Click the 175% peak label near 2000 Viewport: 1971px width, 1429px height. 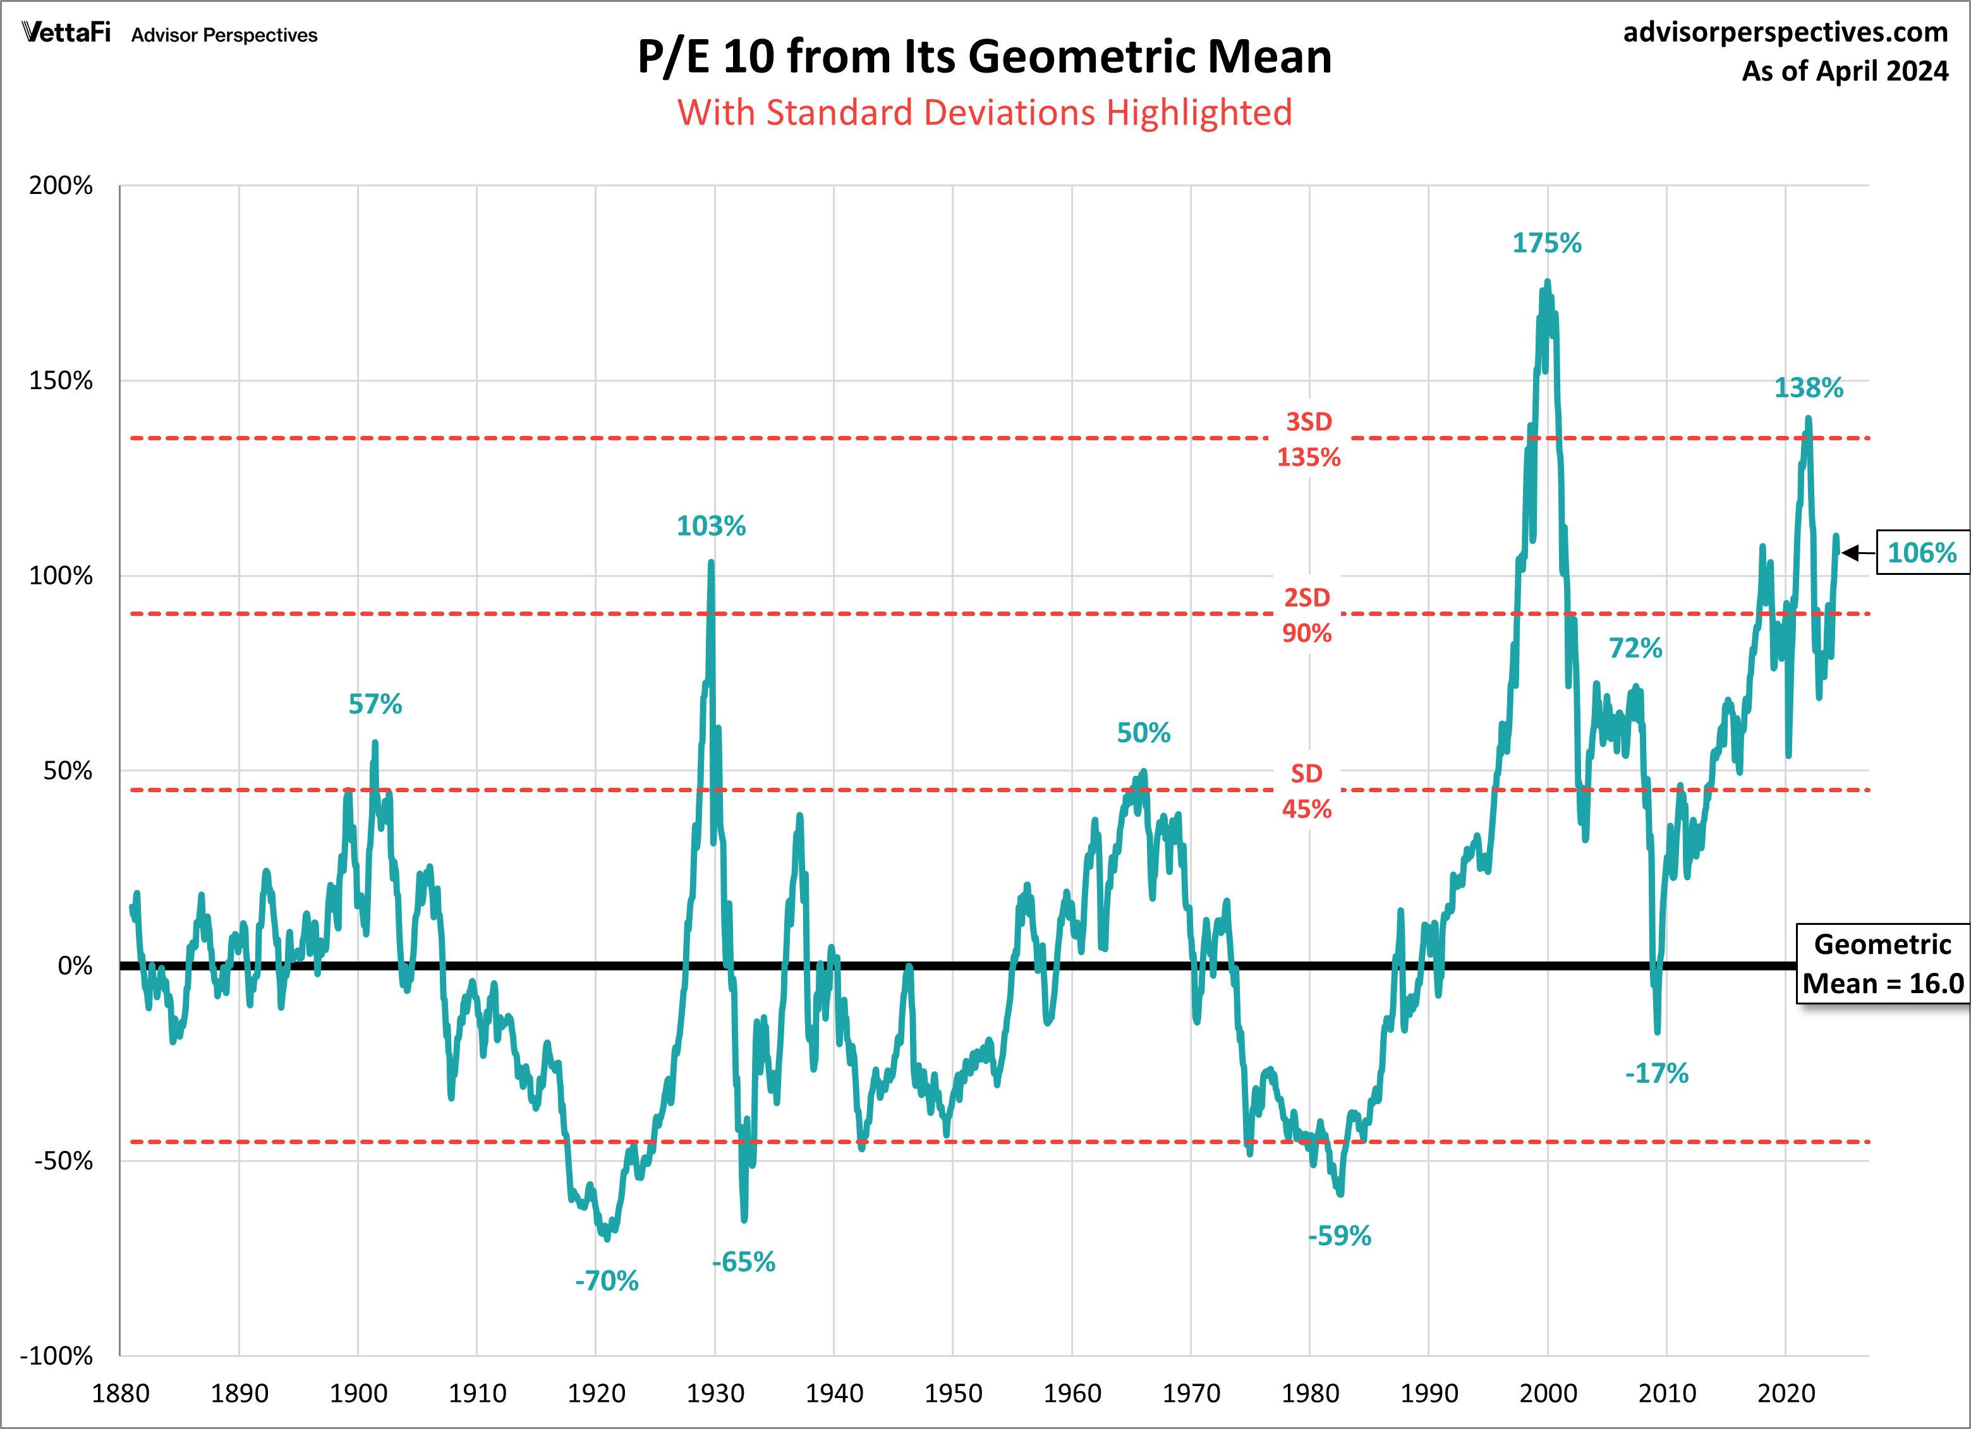1547,243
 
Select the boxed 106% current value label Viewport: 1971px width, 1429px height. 1922,553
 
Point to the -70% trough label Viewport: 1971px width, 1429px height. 607,1281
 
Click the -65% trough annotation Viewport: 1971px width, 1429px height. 743,1262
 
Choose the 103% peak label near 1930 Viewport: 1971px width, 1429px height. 711,526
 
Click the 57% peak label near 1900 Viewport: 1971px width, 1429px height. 375,704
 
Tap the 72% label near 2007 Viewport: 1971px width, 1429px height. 1635,648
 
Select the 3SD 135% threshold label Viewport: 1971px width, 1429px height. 1309,440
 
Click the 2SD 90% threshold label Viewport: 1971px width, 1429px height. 1307,615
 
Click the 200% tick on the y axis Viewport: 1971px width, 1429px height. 61,185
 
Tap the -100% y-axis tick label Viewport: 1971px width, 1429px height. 56,1355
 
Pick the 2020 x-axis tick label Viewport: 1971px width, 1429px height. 1786,1394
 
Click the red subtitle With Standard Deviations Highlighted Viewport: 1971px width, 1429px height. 985,113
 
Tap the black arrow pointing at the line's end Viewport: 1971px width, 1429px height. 1856,553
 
